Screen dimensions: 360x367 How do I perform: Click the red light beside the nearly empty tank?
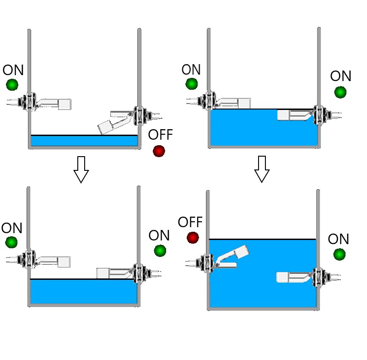(159, 151)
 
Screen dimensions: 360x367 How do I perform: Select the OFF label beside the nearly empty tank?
(161, 135)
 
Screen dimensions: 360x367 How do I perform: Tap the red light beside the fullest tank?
(193, 237)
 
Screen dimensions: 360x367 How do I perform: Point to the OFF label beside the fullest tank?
(190, 223)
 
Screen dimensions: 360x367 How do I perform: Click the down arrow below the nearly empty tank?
(81, 169)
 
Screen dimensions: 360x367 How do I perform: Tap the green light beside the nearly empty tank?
(12, 85)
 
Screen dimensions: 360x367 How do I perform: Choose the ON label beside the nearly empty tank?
(13, 70)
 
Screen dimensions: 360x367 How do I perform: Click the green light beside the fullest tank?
(340, 254)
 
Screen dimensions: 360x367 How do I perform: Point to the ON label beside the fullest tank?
(339, 239)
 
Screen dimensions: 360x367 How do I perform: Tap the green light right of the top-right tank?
(340, 92)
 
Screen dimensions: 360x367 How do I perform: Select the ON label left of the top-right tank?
(191, 70)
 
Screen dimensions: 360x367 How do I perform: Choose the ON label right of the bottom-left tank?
(159, 236)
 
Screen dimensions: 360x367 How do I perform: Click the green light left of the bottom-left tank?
(11, 242)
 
